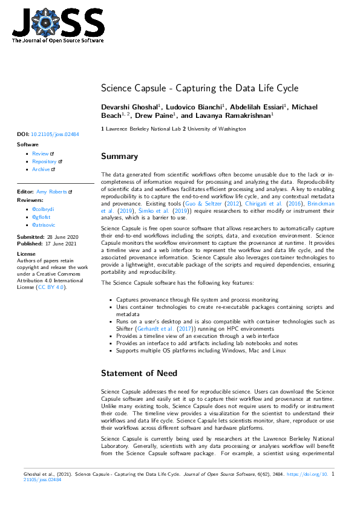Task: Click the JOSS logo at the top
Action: pos(58,25)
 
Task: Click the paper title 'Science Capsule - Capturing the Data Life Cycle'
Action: pos(200,88)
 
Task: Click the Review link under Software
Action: pos(41,154)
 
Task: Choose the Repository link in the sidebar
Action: pos(45,161)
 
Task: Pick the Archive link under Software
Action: pos(41,169)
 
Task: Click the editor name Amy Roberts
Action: pos(52,191)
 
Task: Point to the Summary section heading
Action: pos(119,157)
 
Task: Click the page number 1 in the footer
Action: pos(333,475)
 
